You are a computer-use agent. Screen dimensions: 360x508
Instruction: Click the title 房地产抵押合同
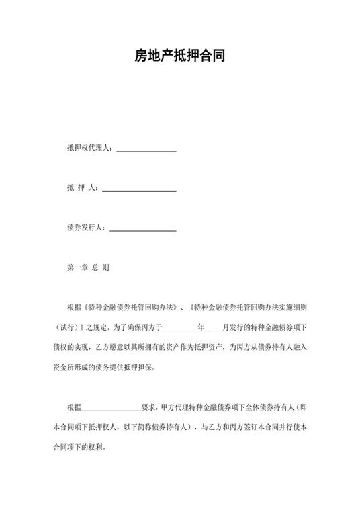179,57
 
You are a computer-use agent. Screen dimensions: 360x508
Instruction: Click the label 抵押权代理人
89,149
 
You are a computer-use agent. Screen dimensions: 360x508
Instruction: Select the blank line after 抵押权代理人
146,150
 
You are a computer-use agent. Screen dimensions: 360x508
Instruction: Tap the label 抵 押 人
81,189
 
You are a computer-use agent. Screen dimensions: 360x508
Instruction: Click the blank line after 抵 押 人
139,190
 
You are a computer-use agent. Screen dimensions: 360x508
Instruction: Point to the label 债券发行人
86,228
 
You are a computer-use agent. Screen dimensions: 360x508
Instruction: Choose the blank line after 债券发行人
142,230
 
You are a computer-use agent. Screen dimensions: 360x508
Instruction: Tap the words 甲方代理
177,407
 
